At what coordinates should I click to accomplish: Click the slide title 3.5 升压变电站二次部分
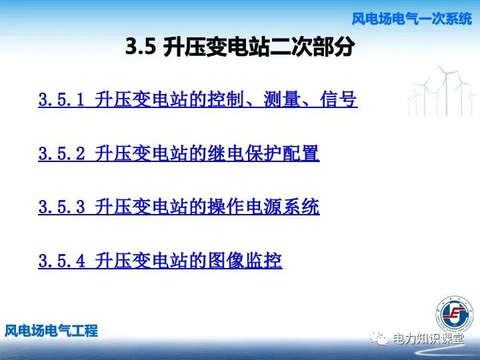(x=239, y=47)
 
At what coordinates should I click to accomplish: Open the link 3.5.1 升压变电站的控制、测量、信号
(x=197, y=100)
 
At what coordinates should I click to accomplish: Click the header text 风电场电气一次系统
(x=411, y=19)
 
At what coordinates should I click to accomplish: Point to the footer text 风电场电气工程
(x=51, y=330)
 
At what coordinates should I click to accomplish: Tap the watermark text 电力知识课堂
(x=429, y=339)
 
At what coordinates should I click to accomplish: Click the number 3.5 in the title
(x=140, y=47)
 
